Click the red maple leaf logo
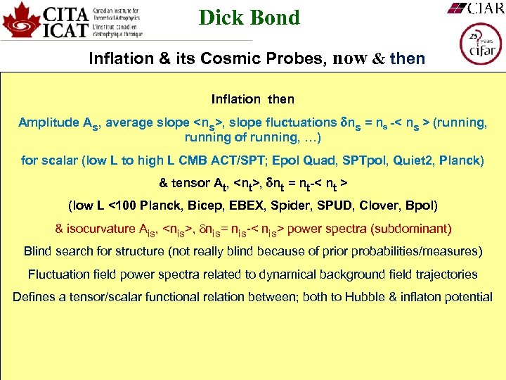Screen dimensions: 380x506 tap(20, 20)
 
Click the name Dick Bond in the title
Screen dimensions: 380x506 tap(249, 17)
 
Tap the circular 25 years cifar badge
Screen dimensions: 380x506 tap(480, 44)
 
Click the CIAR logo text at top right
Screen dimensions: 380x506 tap(476, 8)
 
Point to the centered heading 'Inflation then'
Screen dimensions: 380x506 tap(253, 99)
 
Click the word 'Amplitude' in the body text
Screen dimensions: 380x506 tap(48, 122)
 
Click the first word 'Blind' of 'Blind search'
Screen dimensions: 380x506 tap(39, 251)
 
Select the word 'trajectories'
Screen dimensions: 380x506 tap(445, 274)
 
